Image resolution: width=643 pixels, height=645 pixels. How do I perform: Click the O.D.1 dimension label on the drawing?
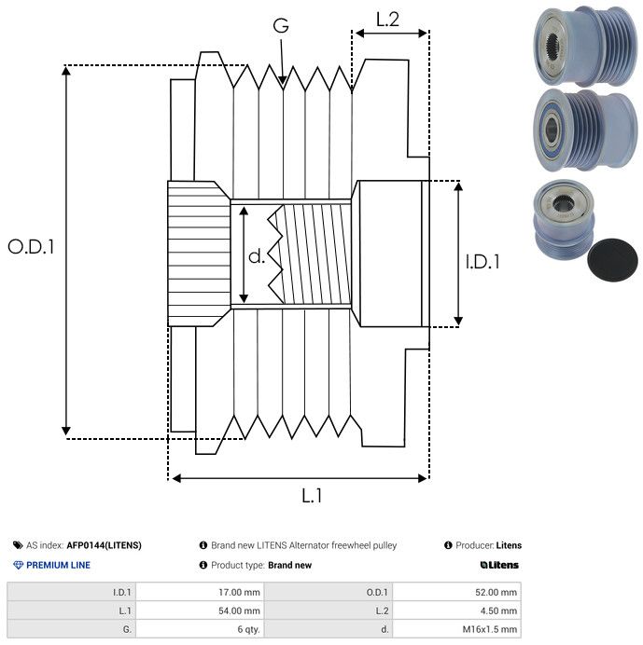pos(31,246)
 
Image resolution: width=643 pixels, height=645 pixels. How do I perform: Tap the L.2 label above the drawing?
pos(387,20)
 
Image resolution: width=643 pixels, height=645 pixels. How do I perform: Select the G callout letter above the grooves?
pos(281,25)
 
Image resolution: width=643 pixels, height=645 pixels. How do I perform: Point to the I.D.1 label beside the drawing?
pos(482,262)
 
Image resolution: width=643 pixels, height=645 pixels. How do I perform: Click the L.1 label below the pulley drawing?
pos(312,496)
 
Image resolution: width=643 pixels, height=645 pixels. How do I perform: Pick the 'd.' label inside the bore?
pos(257,256)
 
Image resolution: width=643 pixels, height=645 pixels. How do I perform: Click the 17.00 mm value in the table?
pos(239,593)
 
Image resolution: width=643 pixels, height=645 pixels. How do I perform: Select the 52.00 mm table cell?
pos(496,593)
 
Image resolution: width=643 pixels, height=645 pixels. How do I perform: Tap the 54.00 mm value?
pos(239,611)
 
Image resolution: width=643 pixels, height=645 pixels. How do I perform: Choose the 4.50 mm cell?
pos(498,611)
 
